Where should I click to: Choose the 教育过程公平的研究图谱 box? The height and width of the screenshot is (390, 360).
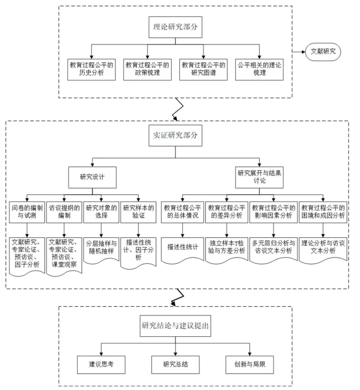point(203,69)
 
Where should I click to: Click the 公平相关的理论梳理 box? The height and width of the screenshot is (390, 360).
point(260,69)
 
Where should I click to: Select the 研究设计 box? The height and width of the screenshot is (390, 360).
point(93,176)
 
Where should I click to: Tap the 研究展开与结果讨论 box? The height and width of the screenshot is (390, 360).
point(259,176)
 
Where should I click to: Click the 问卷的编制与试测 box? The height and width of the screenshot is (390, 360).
point(26,212)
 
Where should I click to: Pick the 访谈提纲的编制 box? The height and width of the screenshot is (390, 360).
point(64,212)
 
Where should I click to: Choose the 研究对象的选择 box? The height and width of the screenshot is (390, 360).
point(101,212)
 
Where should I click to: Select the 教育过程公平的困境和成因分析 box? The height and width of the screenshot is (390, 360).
point(323,212)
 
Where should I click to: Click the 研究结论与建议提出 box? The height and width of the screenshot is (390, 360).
point(175,326)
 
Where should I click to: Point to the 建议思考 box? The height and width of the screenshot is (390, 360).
point(101,364)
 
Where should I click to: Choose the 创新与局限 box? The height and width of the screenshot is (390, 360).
point(250,364)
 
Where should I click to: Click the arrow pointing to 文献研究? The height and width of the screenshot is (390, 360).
point(299,52)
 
